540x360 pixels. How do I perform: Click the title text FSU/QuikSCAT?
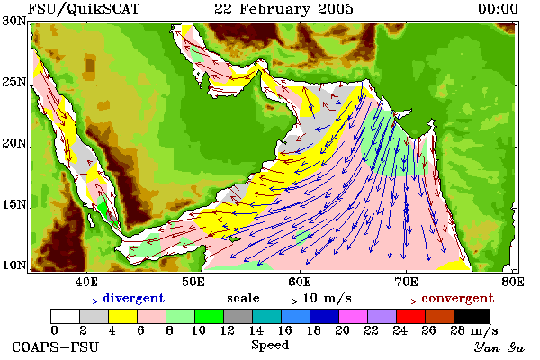(x=84, y=9)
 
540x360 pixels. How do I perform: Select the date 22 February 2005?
(x=283, y=9)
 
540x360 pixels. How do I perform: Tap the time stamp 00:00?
(x=498, y=9)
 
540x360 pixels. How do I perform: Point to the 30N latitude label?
(x=13, y=21)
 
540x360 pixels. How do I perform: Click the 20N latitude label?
(x=13, y=143)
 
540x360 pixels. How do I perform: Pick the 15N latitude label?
(x=13, y=204)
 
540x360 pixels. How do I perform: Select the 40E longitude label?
(x=86, y=282)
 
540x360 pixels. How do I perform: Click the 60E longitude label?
(x=300, y=282)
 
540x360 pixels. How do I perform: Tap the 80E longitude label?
(x=513, y=282)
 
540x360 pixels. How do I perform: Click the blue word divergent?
(x=133, y=298)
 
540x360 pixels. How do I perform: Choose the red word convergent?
(x=458, y=298)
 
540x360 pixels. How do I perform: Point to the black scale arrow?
(x=281, y=301)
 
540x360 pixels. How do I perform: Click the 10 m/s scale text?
(x=328, y=298)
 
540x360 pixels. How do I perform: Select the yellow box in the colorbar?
(x=123, y=316)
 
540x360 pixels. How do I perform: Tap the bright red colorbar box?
(x=410, y=316)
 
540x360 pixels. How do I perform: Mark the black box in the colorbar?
(x=472, y=316)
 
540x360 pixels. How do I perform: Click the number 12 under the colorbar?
(x=228, y=330)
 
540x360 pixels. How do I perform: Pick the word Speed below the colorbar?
(x=270, y=346)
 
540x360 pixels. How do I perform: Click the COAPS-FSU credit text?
(x=56, y=346)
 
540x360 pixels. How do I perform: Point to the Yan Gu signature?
(x=499, y=347)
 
